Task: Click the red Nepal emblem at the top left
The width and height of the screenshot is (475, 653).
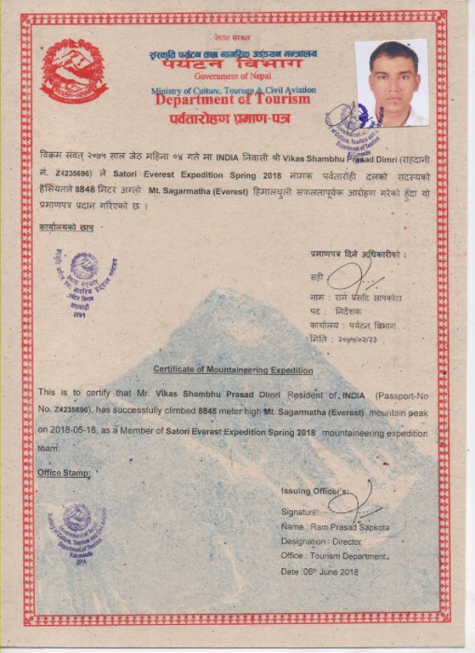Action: point(74,71)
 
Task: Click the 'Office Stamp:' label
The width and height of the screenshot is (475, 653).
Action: point(64,473)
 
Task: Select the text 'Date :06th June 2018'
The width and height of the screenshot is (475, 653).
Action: point(319,571)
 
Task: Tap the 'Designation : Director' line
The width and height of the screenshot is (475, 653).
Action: point(321,541)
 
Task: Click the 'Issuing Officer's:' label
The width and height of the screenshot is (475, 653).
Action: point(315,492)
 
